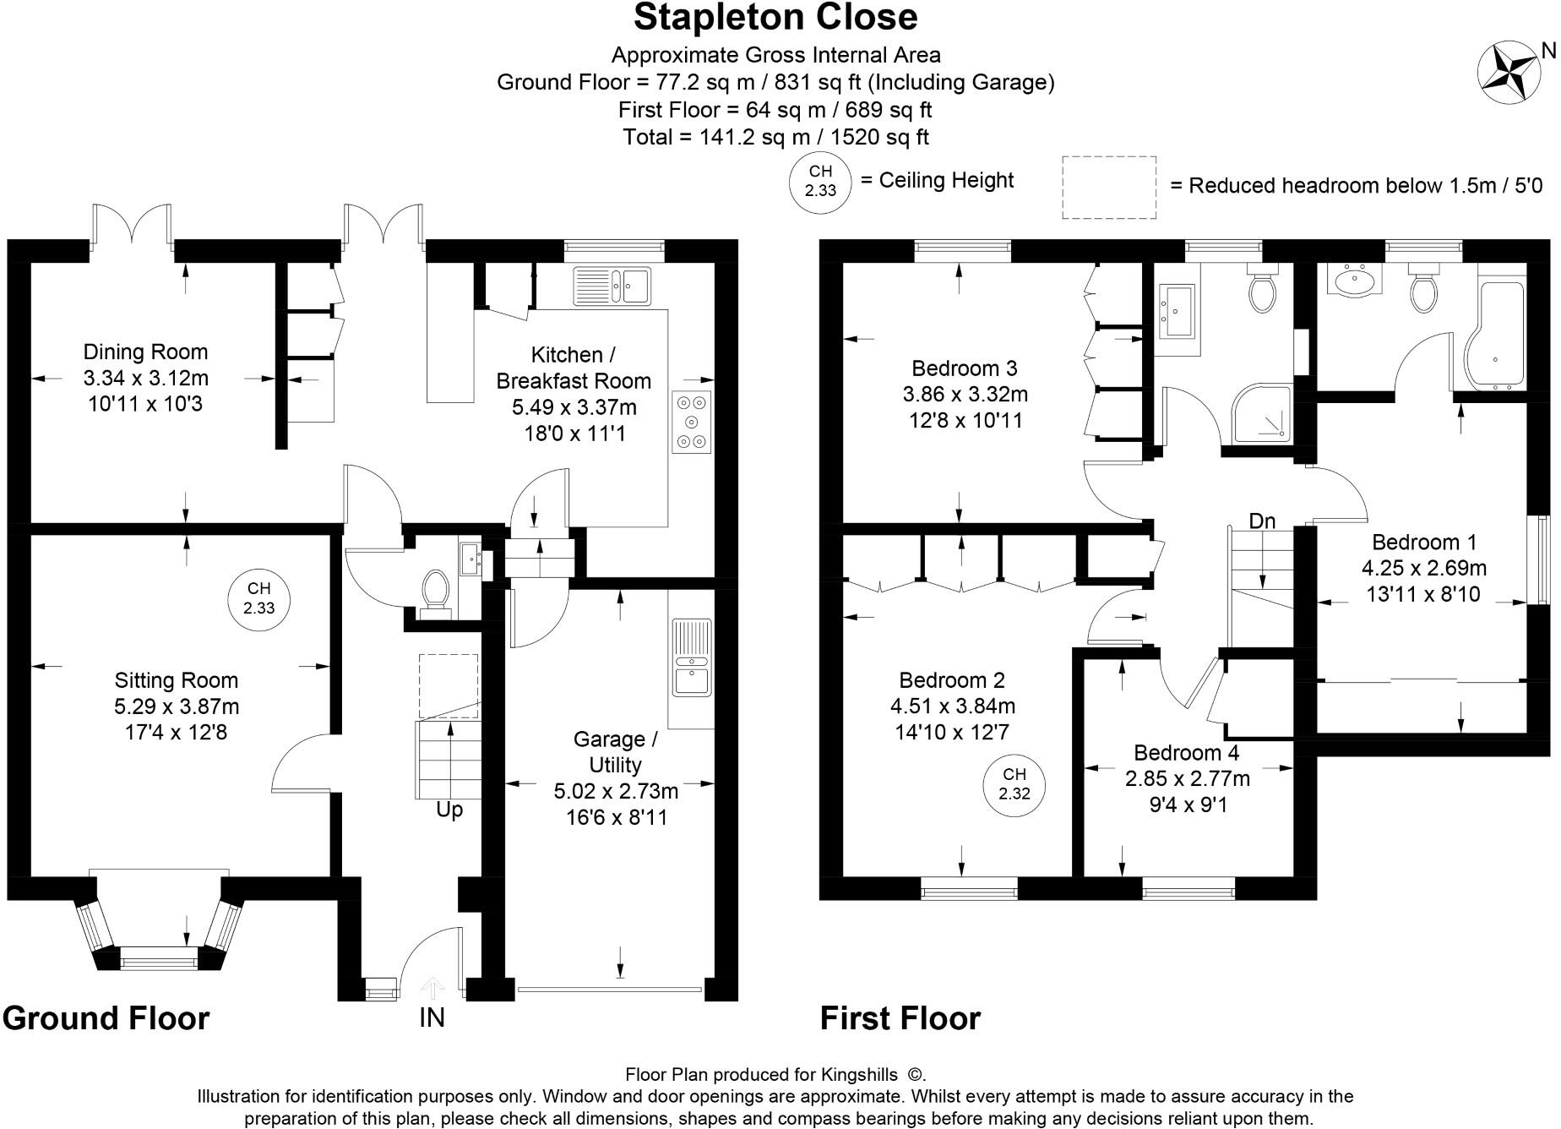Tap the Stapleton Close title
point(775,17)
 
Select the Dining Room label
point(145,352)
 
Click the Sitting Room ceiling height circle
point(258,598)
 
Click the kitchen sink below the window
point(612,285)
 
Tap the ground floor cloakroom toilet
point(436,590)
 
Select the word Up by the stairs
point(449,810)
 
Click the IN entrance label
point(432,1017)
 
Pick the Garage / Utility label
point(615,752)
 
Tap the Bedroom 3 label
point(965,368)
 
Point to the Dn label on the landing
point(1262,521)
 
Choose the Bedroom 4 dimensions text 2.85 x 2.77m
point(1187,778)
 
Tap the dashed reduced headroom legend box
point(1109,188)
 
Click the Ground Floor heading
point(106,1018)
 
